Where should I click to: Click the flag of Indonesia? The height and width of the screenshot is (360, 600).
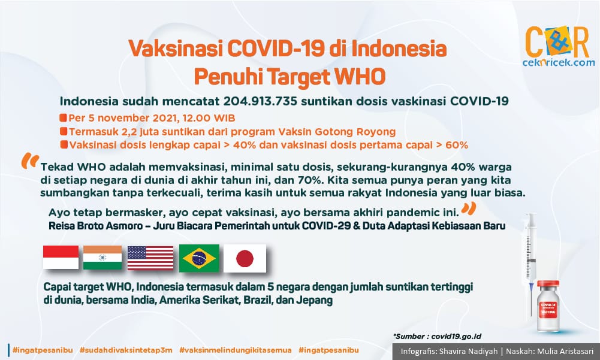[x=61, y=257]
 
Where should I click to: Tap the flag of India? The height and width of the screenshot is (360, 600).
[x=102, y=258]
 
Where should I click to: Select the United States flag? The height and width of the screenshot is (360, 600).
[x=150, y=258]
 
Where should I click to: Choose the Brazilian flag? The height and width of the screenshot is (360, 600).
[x=199, y=258]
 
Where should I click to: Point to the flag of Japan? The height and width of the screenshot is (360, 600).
[x=245, y=258]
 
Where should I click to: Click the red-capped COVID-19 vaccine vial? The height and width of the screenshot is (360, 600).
[x=548, y=306]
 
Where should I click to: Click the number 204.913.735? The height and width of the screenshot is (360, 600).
[x=260, y=101]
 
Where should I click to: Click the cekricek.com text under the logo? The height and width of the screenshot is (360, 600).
[x=559, y=62]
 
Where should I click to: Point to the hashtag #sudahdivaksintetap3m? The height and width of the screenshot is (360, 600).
[x=126, y=350]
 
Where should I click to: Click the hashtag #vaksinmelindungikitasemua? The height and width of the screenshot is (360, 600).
[x=236, y=350]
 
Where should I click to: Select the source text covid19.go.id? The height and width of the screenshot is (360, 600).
[x=456, y=337]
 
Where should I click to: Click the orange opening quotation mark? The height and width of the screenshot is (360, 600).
[x=30, y=161]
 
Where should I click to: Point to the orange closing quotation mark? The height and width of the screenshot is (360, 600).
[x=468, y=208]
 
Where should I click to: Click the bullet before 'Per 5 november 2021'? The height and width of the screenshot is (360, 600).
[x=63, y=117]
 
